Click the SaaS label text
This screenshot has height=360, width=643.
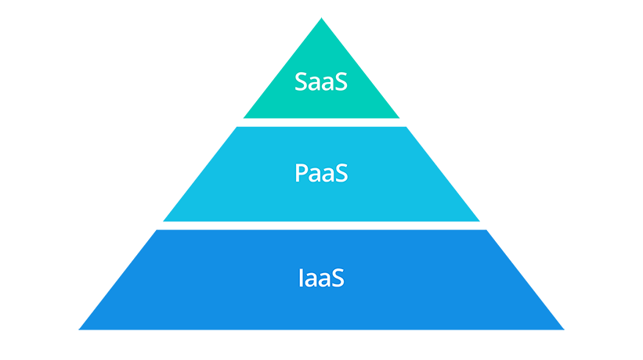[x=321, y=82]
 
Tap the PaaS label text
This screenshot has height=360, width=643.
[x=321, y=173]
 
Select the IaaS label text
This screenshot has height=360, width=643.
[x=321, y=278]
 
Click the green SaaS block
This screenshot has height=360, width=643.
[x=196, y=70]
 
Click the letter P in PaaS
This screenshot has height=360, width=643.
[x=302, y=173]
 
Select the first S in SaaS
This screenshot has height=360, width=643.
[x=302, y=82]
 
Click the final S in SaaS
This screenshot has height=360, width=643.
[x=340, y=82]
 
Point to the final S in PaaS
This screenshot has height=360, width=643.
[x=341, y=173]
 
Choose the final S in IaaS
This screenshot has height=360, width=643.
[x=338, y=278]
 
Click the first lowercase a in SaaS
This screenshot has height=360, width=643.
[x=315, y=84]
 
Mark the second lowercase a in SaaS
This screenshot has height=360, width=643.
[x=327, y=84]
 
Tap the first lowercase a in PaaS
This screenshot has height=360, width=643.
[x=315, y=175]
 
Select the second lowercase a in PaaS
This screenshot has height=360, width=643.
[x=327, y=175]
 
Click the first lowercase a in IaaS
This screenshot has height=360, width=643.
[x=312, y=279]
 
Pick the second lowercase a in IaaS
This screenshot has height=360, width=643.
[x=324, y=279]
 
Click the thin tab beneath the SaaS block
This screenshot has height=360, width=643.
[x=321, y=121]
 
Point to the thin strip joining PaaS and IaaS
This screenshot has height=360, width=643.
[x=321, y=223]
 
